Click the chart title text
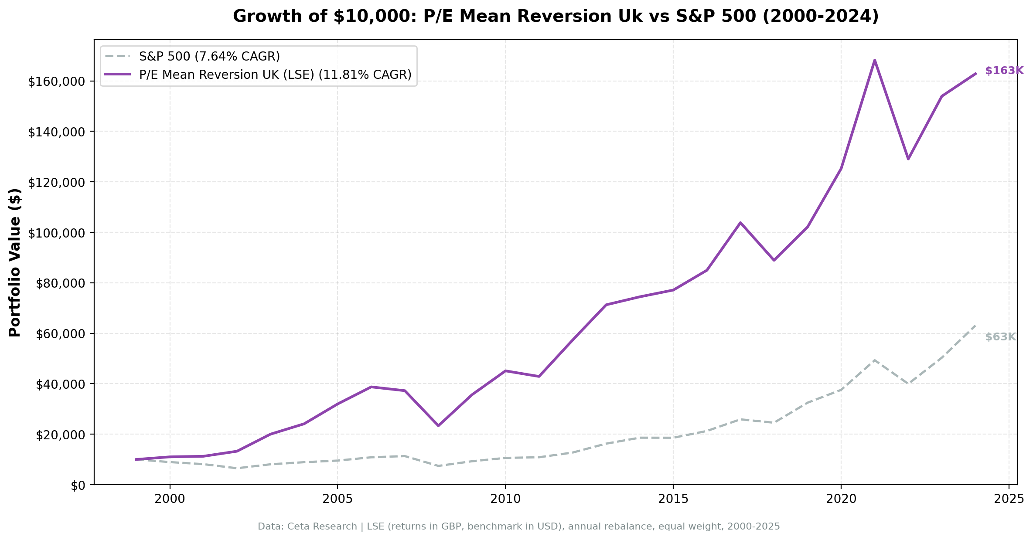coord(556,17)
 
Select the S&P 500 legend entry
coord(209,56)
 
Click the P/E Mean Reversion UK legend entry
coord(275,75)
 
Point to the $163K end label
coord(1004,71)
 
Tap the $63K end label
coord(1000,337)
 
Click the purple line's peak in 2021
coord(874,60)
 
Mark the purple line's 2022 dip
coord(908,159)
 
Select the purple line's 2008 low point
coord(438,425)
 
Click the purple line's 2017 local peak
coord(740,223)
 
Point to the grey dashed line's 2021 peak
coord(874,360)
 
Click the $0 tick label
coord(79,485)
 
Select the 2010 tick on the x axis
coord(505,499)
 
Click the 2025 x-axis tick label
coord(1008,499)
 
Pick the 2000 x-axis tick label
coord(170,499)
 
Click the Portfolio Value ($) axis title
coord(15,262)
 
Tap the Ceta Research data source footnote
coord(518,526)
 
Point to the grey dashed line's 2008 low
coord(438,466)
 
